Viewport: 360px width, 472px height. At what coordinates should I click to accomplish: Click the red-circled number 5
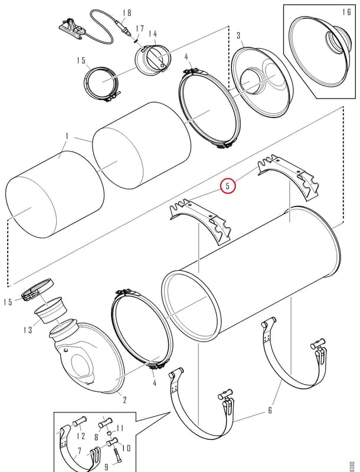[228, 186]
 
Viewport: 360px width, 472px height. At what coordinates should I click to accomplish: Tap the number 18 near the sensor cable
[127, 12]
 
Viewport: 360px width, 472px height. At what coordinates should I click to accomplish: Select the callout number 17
[140, 28]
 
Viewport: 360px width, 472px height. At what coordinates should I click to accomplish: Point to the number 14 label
[153, 34]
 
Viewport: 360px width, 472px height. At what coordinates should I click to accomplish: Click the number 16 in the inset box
[346, 12]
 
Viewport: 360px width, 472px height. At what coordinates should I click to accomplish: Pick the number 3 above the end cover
[238, 35]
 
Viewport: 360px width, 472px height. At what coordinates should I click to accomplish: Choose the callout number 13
[28, 330]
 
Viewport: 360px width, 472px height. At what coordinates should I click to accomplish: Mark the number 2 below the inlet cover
[125, 399]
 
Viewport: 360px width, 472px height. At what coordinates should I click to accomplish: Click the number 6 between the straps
[270, 410]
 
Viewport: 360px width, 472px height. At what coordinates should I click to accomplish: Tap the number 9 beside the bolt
[106, 467]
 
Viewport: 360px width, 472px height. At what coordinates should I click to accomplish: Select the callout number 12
[81, 435]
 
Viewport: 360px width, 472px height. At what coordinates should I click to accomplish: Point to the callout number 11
[120, 428]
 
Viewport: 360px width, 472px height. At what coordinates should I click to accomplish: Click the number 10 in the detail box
[126, 448]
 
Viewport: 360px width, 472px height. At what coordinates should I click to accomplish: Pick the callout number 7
[80, 451]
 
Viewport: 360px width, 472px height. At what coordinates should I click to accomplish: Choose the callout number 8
[96, 437]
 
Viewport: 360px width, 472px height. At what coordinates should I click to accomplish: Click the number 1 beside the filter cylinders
[67, 137]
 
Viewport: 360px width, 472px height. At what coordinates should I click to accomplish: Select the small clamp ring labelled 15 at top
[102, 82]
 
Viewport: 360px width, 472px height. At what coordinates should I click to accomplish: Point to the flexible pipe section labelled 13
[49, 310]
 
